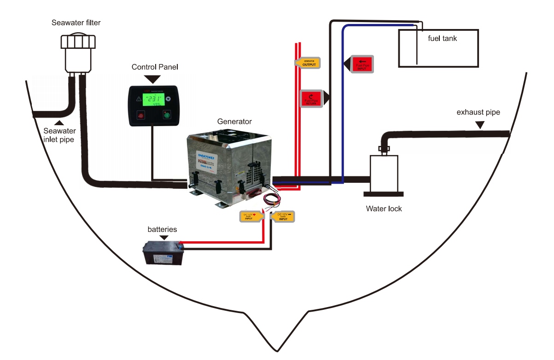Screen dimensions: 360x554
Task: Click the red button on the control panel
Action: pos(140,116)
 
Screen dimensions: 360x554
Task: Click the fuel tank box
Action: pos(437,48)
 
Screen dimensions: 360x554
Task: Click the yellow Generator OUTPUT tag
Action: pos(307,63)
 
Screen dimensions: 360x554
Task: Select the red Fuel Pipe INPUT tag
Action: pos(362,64)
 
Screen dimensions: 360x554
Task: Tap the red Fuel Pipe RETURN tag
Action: pos(312,98)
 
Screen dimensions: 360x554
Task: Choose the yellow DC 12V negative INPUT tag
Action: pos(283,216)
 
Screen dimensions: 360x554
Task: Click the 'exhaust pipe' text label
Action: pos(478,112)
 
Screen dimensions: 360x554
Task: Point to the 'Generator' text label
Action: pos(234,122)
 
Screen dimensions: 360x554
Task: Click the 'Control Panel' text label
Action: pos(155,67)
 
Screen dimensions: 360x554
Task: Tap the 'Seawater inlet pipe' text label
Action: pos(58,134)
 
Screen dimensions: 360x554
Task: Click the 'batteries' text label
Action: pos(162,229)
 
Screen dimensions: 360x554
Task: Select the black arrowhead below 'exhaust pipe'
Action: pos(479,124)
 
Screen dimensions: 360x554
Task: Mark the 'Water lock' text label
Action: pos(384,209)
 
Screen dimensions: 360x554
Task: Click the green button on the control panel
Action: pos(166,116)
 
